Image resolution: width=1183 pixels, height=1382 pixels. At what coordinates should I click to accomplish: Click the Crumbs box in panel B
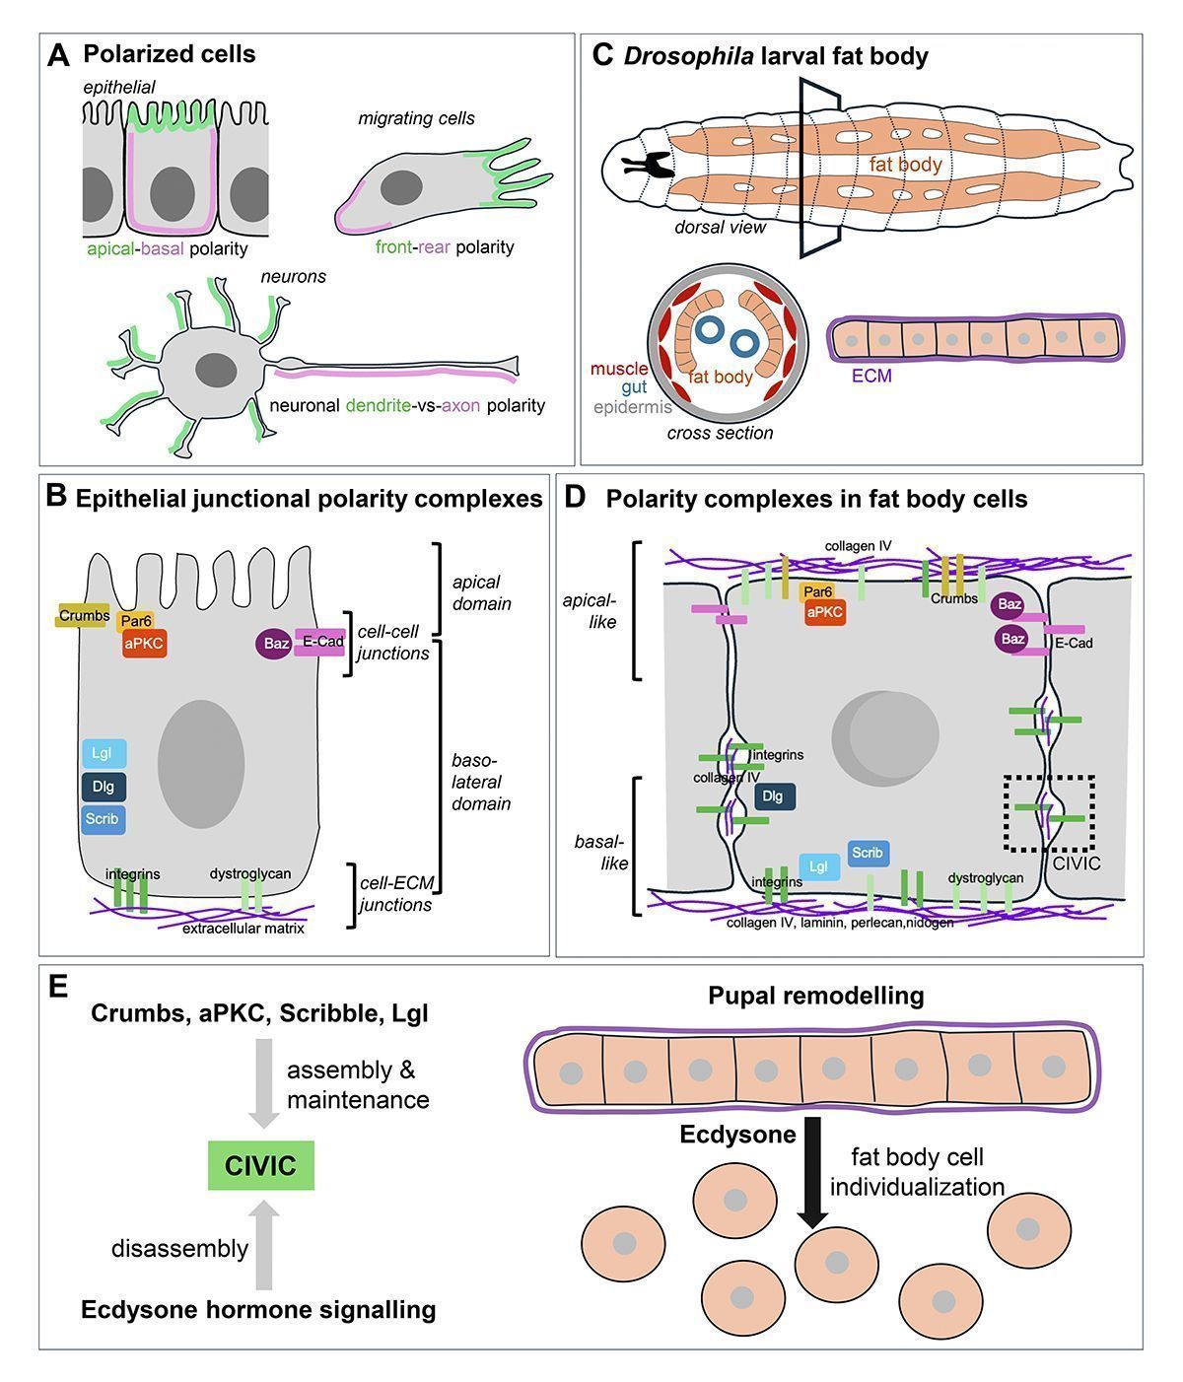pyautogui.click(x=84, y=616)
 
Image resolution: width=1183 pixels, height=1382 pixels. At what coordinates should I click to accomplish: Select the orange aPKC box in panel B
pyautogui.click(x=143, y=644)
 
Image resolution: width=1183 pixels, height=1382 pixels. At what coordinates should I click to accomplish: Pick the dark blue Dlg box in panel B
pyautogui.click(x=103, y=787)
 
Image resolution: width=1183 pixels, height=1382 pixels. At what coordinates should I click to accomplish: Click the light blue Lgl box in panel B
pyautogui.click(x=103, y=754)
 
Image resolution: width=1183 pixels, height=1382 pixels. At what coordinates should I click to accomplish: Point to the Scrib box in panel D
pyautogui.click(x=868, y=854)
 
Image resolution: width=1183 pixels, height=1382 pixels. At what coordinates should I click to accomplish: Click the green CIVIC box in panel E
pyautogui.click(x=260, y=1166)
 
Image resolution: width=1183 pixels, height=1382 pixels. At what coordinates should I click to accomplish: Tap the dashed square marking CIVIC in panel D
pyautogui.click(x=1049, y=812)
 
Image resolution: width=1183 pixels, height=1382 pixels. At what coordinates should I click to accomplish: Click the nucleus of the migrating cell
pyautogui.click(x=402, y=186)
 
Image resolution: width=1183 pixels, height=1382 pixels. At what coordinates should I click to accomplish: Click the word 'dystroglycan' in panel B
pyautogui.click(x=250, y=873)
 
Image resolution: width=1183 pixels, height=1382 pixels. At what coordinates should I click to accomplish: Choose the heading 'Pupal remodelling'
pyautogui.click(x=816, y=996)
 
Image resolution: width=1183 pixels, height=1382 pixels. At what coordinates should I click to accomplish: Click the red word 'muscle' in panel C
pyautogui.click(x=619, y=370)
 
